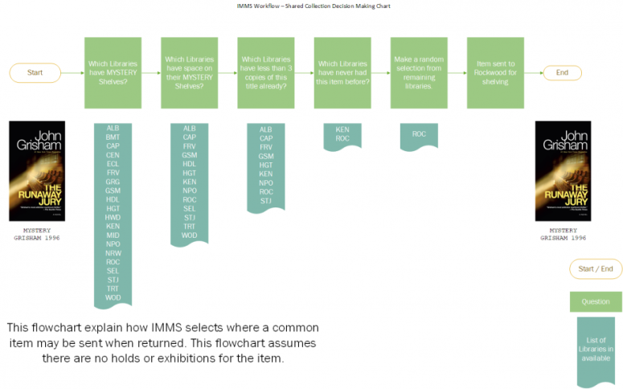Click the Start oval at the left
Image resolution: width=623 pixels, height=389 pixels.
35,72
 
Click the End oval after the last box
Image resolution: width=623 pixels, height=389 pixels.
562,72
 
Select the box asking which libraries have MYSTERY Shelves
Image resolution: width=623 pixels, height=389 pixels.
113,72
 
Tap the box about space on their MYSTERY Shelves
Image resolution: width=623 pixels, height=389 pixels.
189,72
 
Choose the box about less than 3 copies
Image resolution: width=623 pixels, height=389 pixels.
265,72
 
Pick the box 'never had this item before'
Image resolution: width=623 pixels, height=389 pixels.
342,72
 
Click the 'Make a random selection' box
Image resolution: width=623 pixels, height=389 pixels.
419,72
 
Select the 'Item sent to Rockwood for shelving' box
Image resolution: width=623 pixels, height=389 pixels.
495,72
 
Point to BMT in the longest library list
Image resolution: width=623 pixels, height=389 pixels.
113,137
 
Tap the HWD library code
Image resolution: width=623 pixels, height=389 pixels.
113,217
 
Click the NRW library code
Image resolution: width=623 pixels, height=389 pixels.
113,252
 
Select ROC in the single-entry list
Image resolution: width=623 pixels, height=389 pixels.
419,133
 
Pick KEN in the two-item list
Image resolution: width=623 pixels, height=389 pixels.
342,129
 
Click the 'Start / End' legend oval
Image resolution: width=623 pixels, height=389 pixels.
596,268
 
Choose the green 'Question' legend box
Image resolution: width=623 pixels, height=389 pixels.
596,301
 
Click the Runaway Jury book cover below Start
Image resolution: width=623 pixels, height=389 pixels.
36,171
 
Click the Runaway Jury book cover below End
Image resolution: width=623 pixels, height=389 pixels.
563,171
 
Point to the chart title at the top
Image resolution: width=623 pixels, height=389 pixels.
311,5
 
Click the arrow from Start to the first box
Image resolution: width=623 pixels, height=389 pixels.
73,72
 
